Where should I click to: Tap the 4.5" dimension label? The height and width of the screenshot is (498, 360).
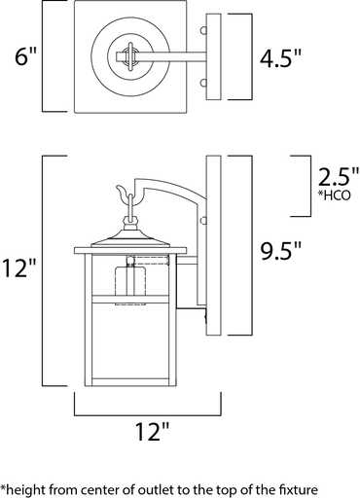[281, 57]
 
